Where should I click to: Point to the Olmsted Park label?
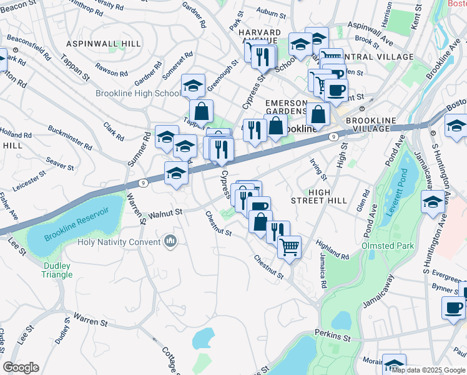coord(388,246)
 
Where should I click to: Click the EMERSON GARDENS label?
coord(287,107)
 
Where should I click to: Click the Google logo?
coord(21,367)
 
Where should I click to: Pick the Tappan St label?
coord(76,64)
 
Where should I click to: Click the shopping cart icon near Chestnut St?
coord(290,246)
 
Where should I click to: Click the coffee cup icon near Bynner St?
coord(453,307)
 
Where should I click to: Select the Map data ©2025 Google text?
coord(428,370)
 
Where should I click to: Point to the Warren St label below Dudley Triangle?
coord(91,322)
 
